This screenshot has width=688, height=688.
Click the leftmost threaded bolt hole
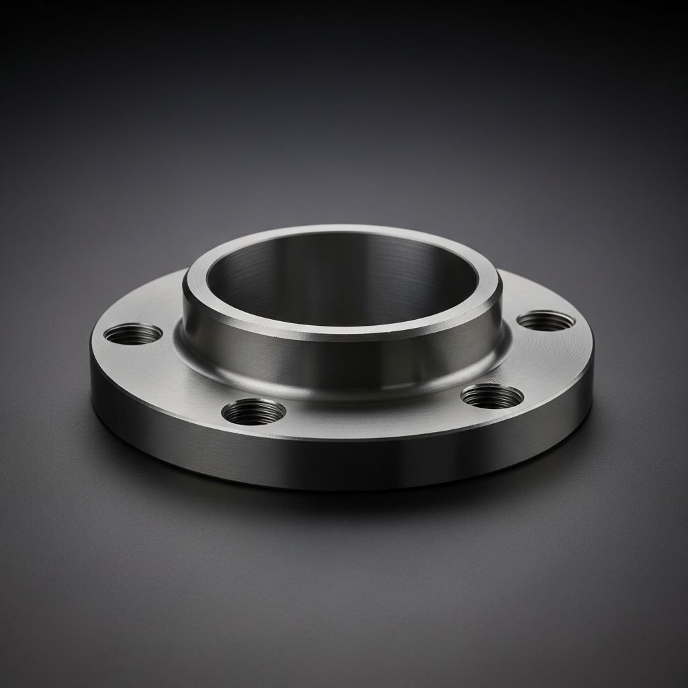pyautogui.click(x=133, y=333)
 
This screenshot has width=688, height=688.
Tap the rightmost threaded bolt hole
pyautogui.click(x=546, y=321)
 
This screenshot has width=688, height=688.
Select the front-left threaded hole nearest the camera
pyautogui.click(x=253, y=411)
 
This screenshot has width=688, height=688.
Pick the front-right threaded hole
pyautogui.click(x=492, y=396)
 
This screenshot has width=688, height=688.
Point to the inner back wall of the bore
pyautogui.click(x=343, y=269)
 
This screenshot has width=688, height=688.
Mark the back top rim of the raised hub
pyautogui.click(x=343, y=230)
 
